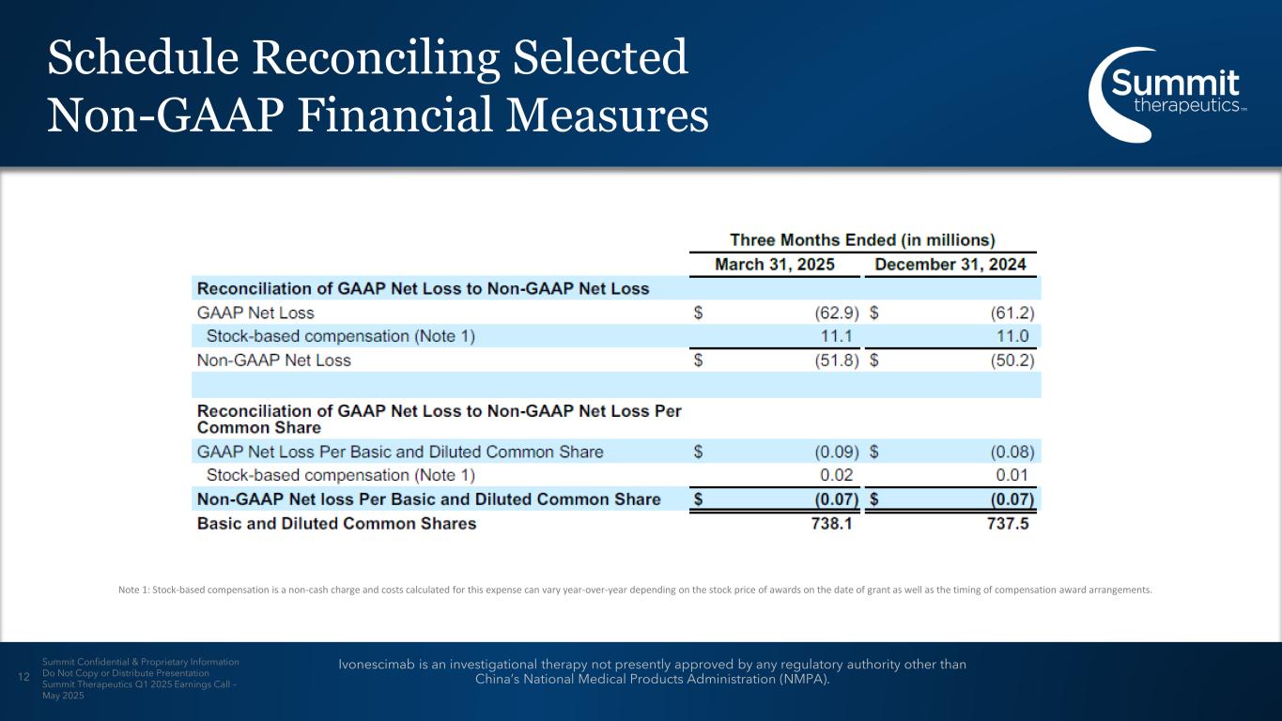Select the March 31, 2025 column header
(x=775, y=265)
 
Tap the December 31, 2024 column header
(x=950, y=265)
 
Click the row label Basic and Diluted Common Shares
(x=336, y=524)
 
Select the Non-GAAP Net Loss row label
(x=273, y=360)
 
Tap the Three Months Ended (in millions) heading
(x=862, y=240)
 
